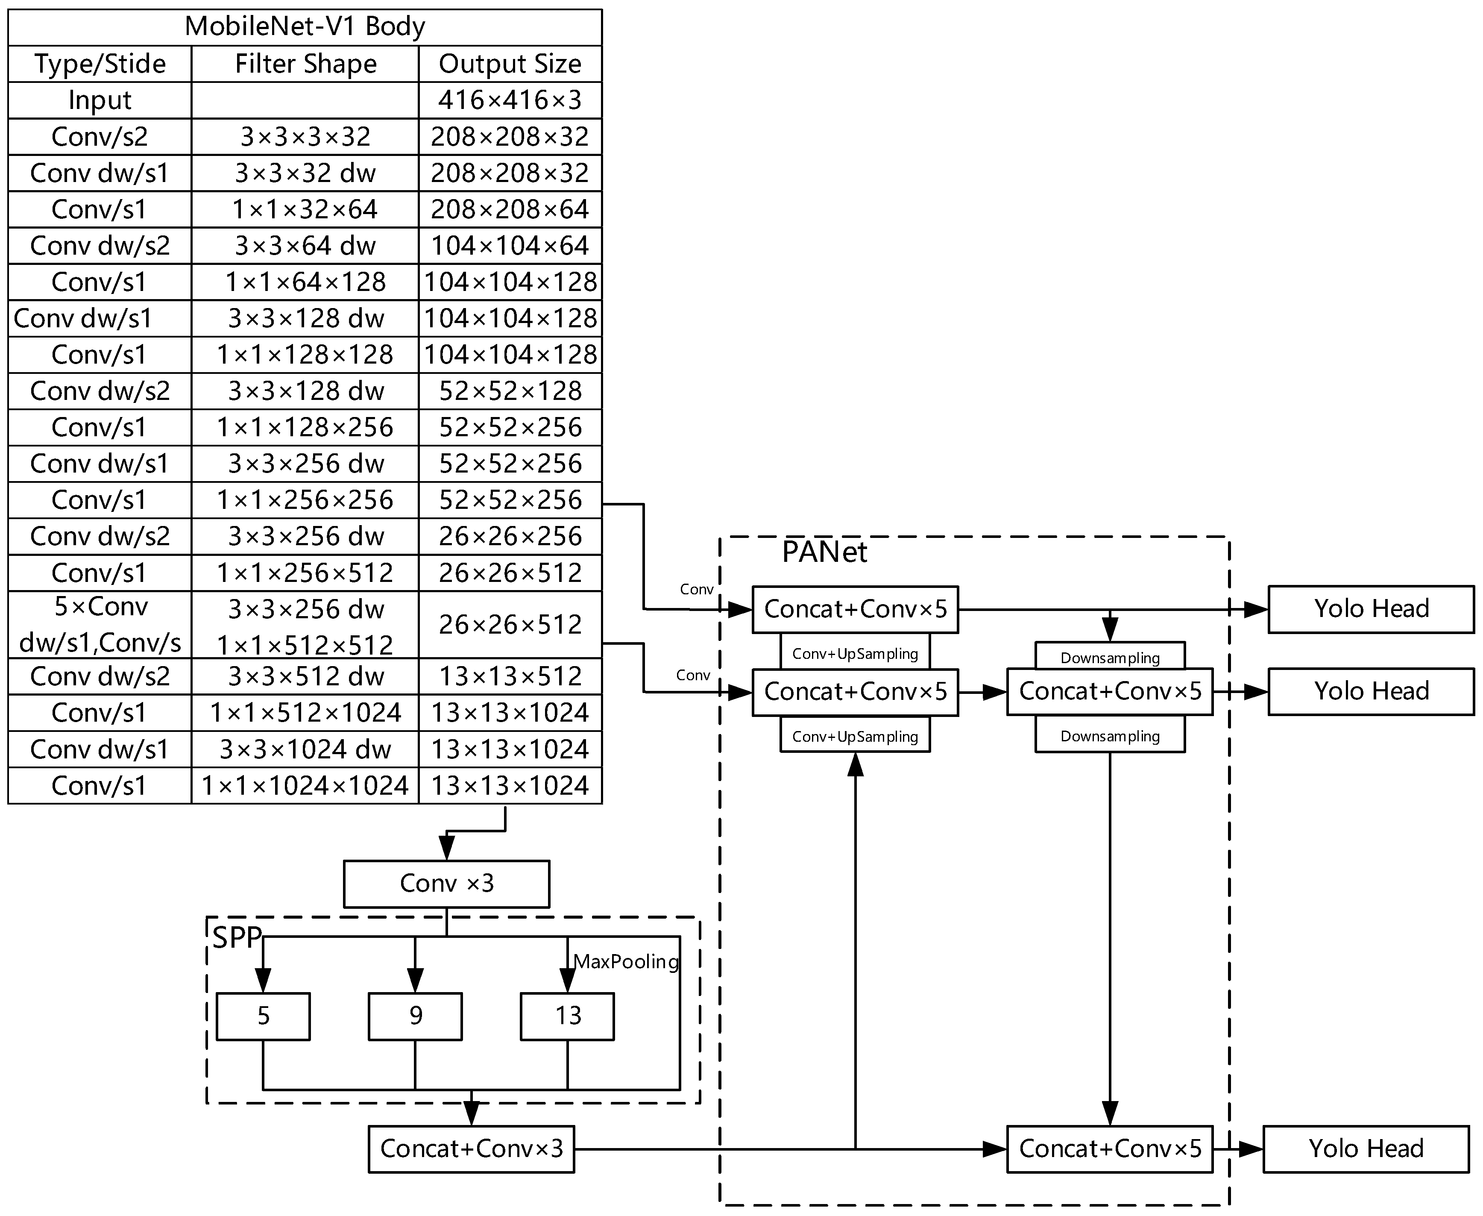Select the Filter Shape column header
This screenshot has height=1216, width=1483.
point(305,64)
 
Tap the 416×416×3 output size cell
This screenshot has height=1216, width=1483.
point(510,100)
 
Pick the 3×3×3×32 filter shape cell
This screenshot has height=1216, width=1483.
point(305,137)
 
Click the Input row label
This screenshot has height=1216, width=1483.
point(100,100)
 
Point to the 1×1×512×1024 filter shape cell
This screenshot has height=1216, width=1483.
point(305,712)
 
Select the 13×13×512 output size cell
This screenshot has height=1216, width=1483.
point(510,676)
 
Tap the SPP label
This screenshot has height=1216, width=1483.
point(237,938)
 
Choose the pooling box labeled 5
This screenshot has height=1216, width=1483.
point(263,1016)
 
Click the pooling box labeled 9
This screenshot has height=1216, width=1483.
point(415,1016)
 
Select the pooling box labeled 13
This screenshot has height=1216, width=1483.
point(567,1016)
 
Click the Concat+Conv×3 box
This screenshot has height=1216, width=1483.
point(471,1149)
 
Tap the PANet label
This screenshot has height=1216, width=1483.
point(824,552)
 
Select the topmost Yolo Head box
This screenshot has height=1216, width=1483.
point(1371,609)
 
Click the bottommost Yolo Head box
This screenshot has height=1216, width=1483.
point(1366,1149)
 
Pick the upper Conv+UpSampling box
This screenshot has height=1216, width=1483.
point(855,654)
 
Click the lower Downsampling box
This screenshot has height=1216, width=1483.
point(1110,736)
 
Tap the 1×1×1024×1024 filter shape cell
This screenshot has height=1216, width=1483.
point(305,785)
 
